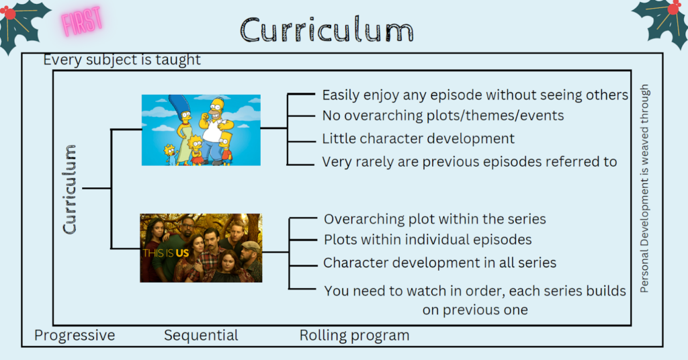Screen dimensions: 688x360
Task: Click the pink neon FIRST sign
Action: click(x=82, y=21)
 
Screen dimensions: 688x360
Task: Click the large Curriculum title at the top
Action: click(x=327, y=30)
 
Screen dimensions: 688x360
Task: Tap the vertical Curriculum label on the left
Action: click(x=70, y=189)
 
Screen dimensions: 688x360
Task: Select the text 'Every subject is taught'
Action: click(x=122, y=60)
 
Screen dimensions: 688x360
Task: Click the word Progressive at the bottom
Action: click(x=75, y=335)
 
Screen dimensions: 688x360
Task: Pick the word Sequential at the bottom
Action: click(x=201, y=335)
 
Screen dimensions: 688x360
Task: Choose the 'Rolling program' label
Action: click(x=355, y=335)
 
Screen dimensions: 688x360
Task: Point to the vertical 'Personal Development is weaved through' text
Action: click(x=644, y=189)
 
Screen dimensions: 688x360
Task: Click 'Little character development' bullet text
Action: click(x=418, y=138)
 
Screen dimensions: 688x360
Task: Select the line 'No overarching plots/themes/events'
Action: click(x=443, y=116)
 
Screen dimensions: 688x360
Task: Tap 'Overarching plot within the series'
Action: click(x=435, y=219)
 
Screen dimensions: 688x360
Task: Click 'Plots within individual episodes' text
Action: click(x=428, y=239)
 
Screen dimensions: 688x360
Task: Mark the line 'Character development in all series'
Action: click(x=439, y=263)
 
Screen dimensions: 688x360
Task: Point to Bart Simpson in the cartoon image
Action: click(x=226, y=148)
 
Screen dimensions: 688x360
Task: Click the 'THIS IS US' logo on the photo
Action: click(x=165, y=253)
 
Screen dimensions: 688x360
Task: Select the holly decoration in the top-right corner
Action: click(x=661, y=22)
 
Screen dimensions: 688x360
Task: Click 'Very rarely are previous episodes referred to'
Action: click(x=470, y=162)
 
